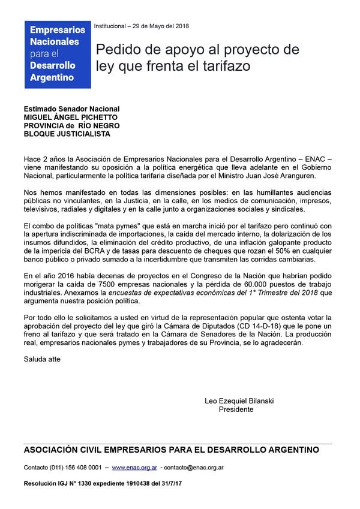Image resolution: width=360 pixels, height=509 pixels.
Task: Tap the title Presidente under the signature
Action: [236, 409]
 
